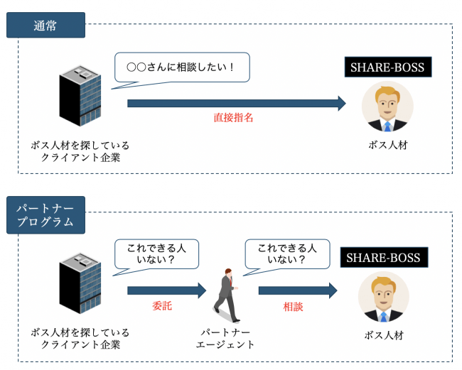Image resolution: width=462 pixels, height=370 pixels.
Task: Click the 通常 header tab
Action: [45, 26]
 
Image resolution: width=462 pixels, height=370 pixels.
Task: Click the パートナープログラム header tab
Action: [45, 214]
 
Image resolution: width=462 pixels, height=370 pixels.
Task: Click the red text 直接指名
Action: [233, 118]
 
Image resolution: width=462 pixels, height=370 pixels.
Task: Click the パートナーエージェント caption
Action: [225, 338]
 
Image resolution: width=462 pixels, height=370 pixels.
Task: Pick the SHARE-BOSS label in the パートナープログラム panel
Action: [383, 257]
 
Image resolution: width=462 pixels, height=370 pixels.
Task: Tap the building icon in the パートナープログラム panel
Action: [80, 283]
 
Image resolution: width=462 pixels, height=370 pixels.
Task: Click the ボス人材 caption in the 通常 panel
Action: [387, 145]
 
